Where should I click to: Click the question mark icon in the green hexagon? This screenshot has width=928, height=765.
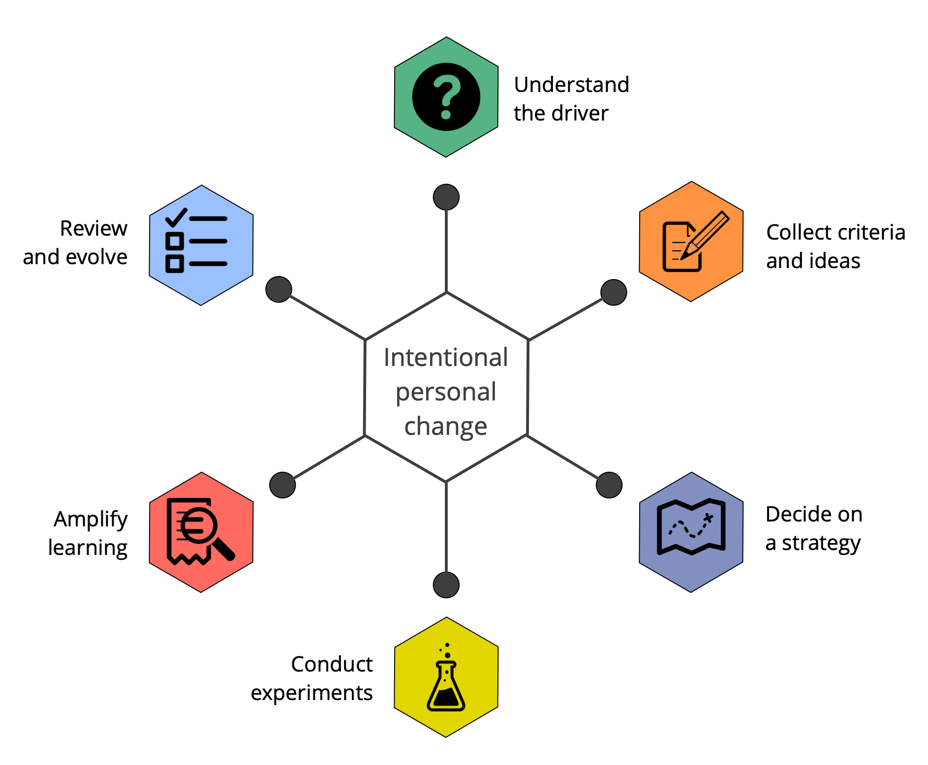coord(446,97)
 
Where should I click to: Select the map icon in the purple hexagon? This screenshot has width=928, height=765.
coord(691,527)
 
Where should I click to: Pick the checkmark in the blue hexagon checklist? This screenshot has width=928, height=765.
coord(176,217)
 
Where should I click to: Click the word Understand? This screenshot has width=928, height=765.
coord(571,85)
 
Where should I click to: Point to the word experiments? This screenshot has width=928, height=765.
coord(311,693)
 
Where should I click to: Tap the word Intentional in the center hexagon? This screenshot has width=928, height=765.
coord(446,357)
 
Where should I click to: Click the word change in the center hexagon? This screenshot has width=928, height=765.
coord(446,426)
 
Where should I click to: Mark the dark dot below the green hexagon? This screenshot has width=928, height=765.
coord(446,197)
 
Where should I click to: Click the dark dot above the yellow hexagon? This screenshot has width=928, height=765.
coord(446,585)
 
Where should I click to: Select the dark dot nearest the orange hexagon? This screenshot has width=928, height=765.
coord(614,293)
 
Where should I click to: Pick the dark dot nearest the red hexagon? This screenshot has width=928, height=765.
coord(282,485)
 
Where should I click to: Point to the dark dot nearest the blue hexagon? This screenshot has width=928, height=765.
coord(278,289)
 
